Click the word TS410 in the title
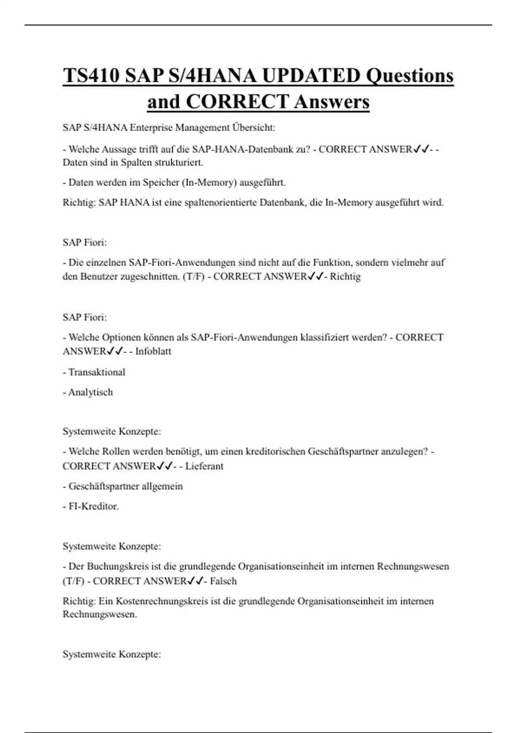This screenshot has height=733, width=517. (91, 76)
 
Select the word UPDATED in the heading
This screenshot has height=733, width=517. (311, 76)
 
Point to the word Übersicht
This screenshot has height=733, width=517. (254, 128)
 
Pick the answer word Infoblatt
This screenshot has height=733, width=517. (153, 351)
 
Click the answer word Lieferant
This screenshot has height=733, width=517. (204, 466)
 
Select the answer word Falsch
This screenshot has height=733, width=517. (223, 581)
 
